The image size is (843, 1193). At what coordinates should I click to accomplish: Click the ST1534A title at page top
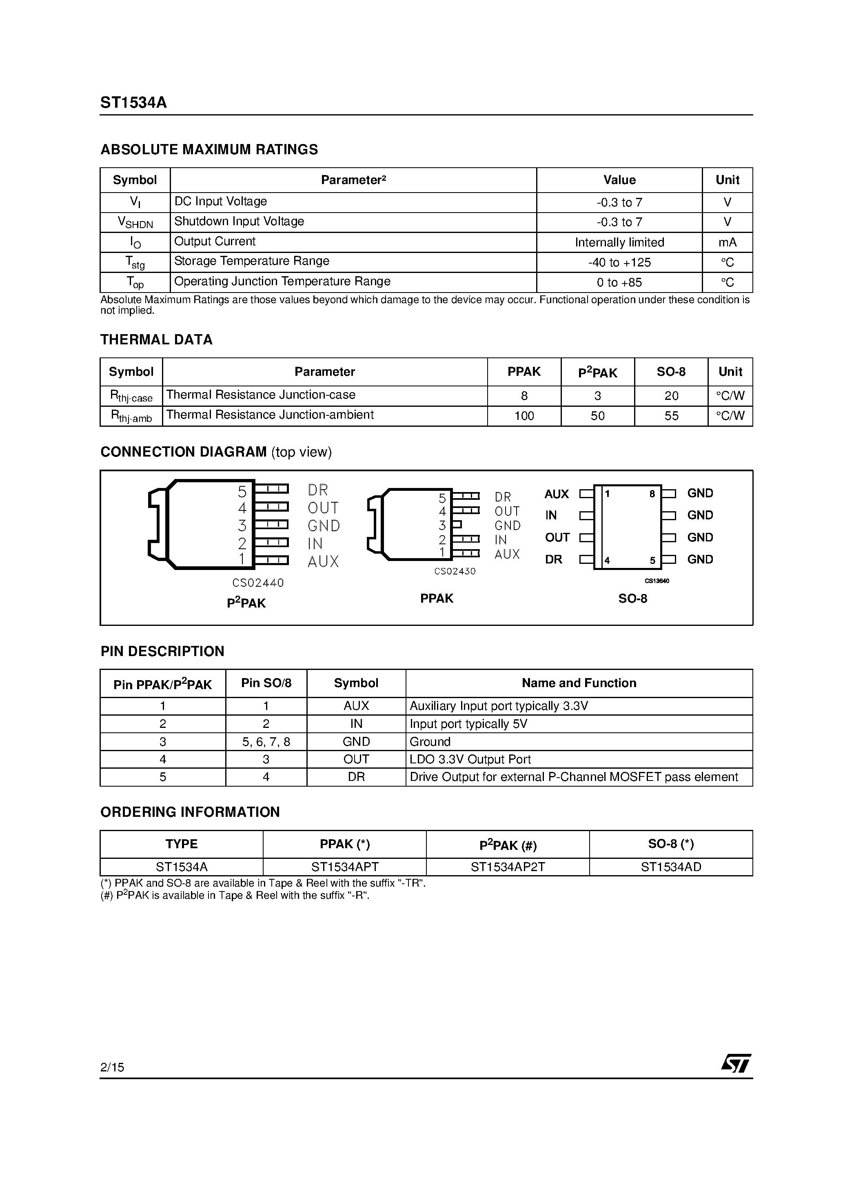click(x=133, y=103)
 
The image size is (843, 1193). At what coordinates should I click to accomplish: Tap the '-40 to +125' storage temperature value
click(x=619, y=262)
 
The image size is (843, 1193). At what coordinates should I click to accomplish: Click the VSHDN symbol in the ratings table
click(x=135, y=222)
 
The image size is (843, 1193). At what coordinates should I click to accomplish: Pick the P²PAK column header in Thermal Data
click(x=597, y=372)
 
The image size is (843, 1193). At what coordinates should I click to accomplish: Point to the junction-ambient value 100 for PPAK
click(x=524, y=416)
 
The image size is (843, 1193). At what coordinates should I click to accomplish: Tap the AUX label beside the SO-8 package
click(x=556, y=494)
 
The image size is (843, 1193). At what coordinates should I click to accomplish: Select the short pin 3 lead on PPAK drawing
click(x=456, y=525)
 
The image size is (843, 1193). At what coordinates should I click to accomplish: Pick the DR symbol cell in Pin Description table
click(x=356, y=777)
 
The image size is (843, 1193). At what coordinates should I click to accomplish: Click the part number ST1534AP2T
click(x=507, y=867)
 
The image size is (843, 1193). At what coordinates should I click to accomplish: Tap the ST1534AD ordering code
click(x=670, y=867)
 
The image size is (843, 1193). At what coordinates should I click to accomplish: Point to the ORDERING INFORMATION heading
click(x=190, y=812)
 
